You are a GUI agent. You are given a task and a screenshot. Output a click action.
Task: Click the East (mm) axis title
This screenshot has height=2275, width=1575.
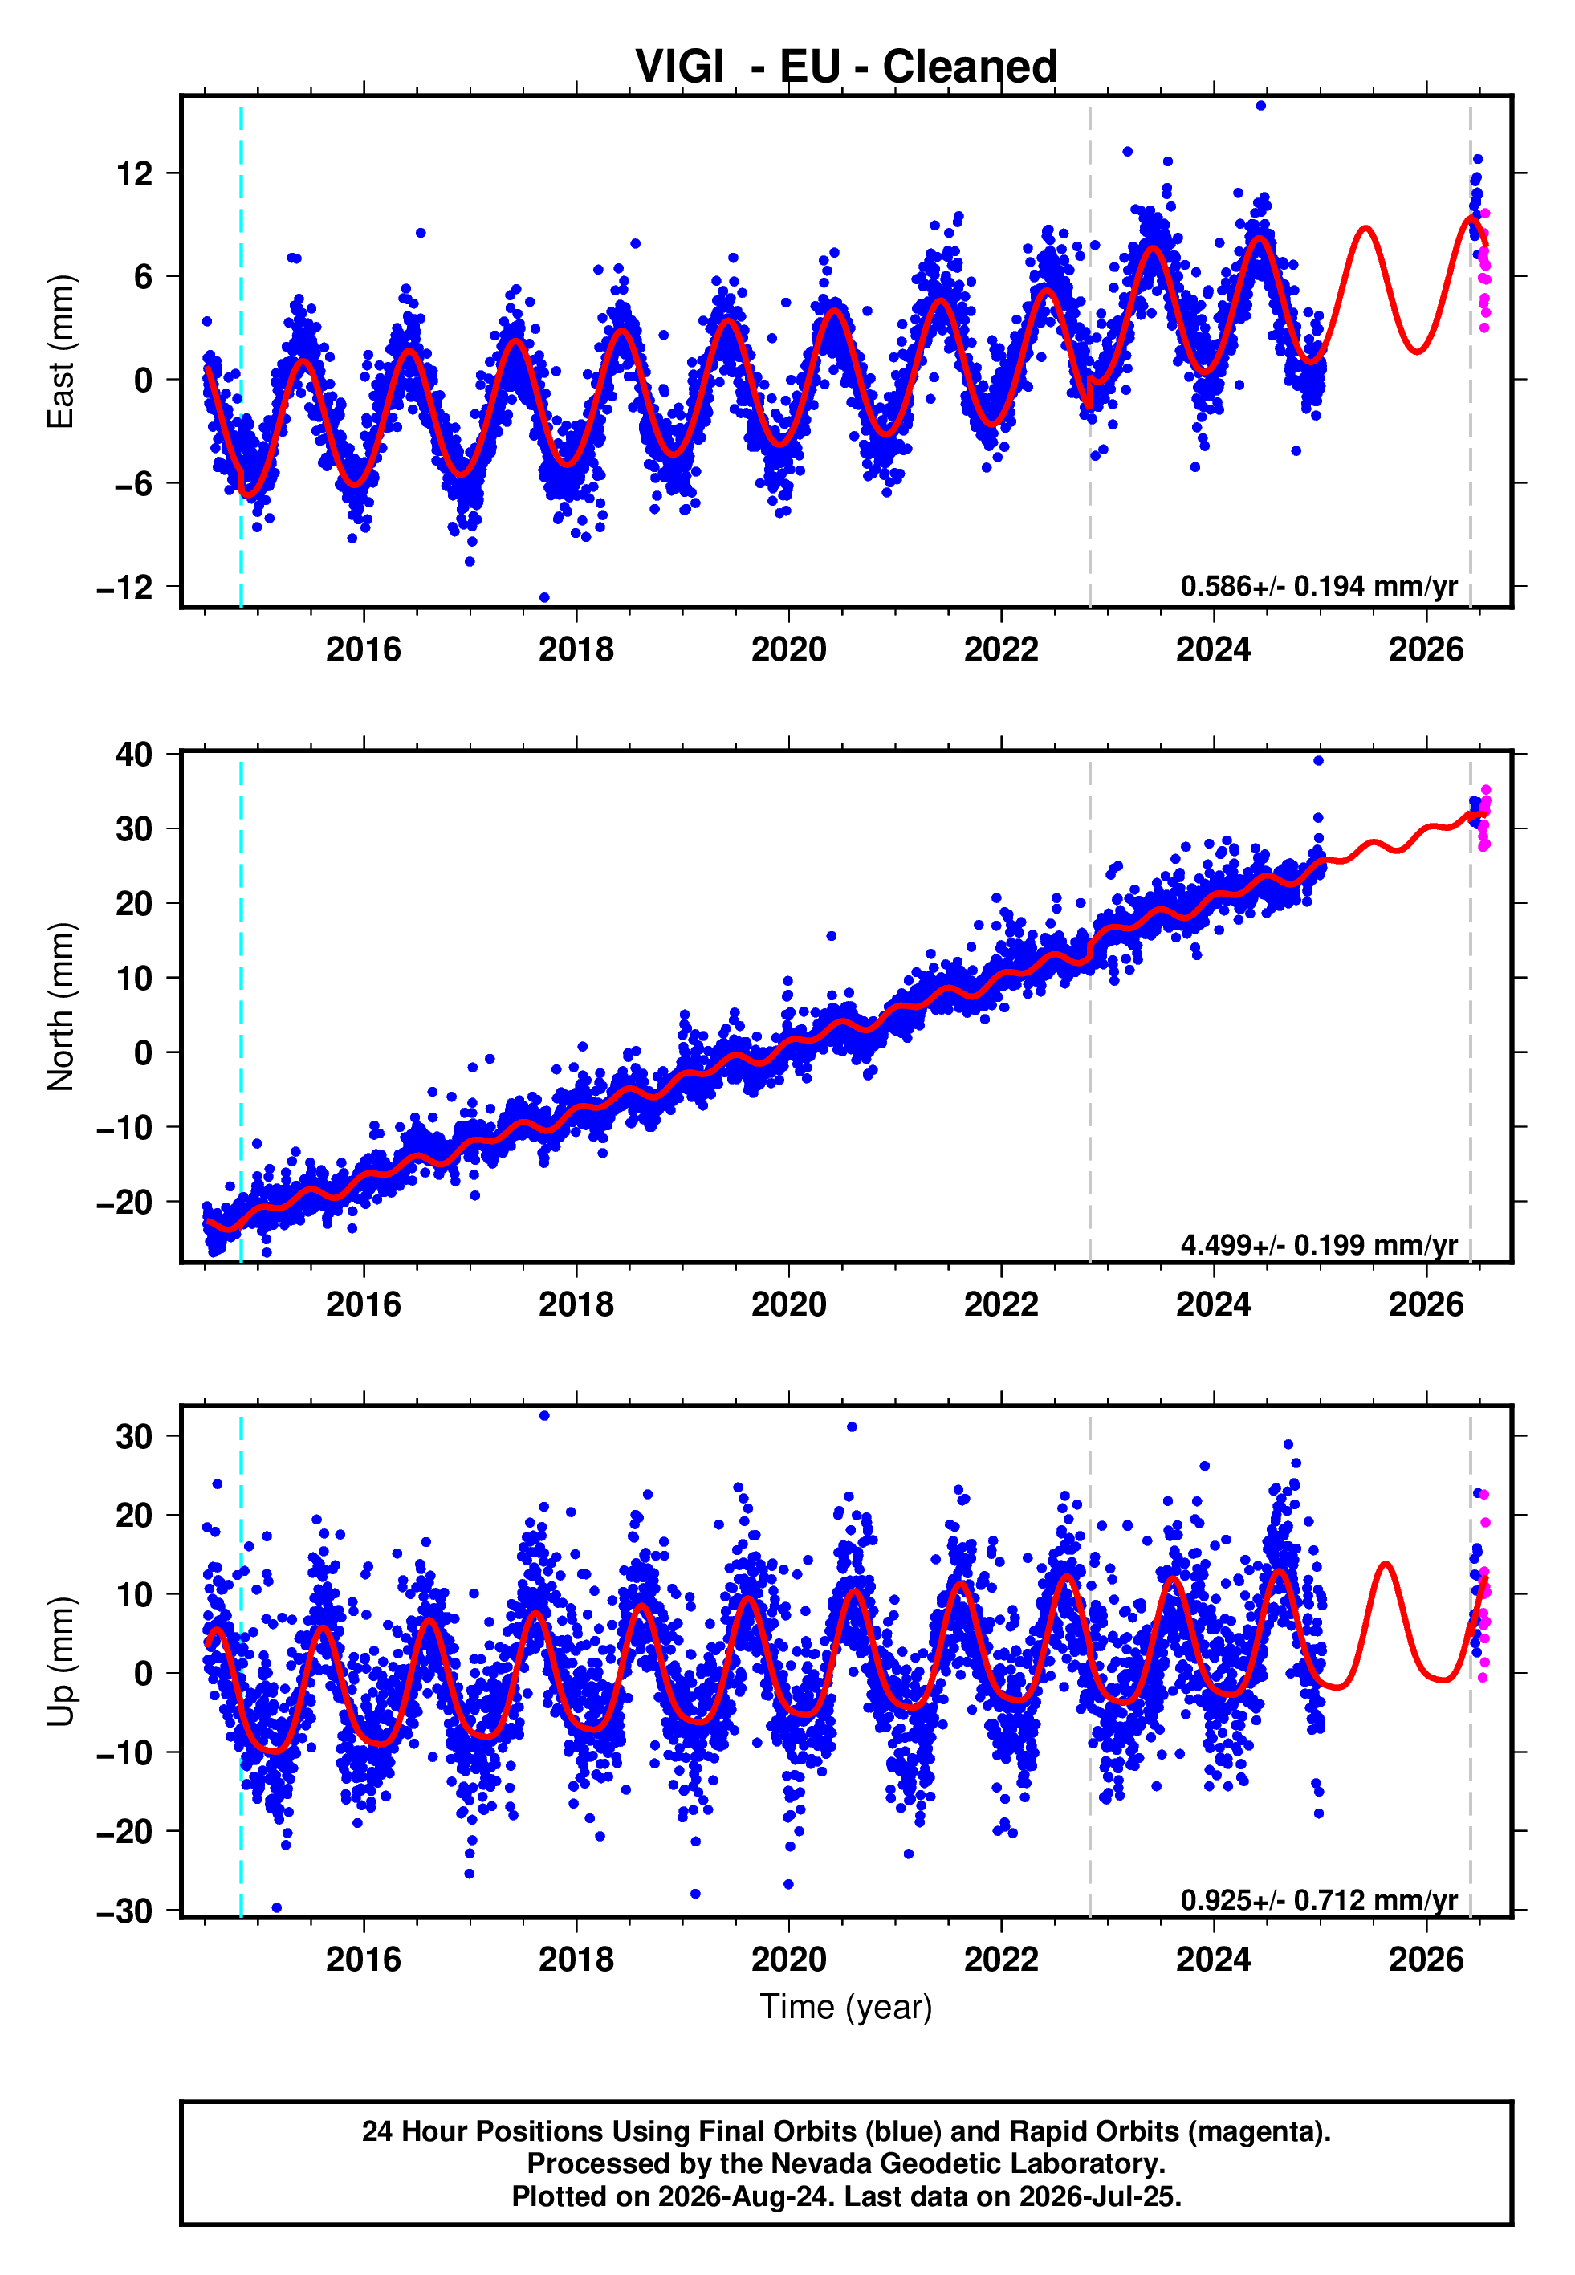(x=61, y=352)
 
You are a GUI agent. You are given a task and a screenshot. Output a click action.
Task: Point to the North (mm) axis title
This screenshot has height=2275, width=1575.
(x=61, y=1007)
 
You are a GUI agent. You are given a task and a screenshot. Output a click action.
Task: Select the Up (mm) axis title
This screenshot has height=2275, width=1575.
(x=61, y=1662)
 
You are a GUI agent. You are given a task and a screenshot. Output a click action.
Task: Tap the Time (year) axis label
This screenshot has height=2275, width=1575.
(x=846, y=2008)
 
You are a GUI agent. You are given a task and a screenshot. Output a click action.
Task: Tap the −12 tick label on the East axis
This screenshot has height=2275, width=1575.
(x=125, y=587)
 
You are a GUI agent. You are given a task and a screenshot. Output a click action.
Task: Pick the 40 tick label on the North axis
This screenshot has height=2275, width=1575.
(x=135, y=755)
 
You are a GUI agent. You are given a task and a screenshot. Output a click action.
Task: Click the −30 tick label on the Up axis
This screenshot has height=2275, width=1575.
(x=125, y=1911)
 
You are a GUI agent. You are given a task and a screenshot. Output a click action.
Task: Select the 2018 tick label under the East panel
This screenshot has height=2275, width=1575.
(x=576, y=649)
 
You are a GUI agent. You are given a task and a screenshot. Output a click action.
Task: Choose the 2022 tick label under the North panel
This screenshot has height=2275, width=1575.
(x=1002, y=1304)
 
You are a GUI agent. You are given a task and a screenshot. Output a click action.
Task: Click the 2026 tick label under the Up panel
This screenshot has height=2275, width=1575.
(x=1426, y=1960)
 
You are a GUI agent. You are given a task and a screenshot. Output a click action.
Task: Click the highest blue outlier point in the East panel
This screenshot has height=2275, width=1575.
(x=1261, y=105)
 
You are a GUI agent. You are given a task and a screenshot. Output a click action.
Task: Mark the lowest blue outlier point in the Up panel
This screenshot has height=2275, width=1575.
(x=276, y=1907)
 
